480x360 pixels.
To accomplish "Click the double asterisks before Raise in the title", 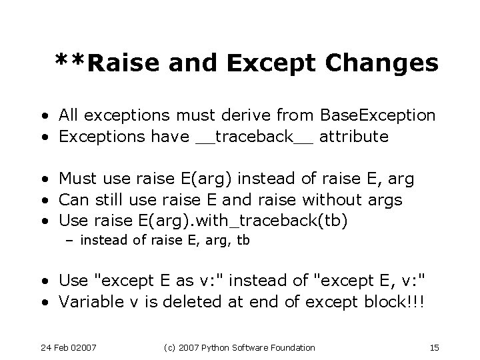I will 70,62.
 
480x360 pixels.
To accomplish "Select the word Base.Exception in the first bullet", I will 377,116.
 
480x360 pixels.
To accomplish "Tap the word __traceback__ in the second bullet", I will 255,137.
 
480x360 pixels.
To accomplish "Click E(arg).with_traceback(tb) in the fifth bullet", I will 245,221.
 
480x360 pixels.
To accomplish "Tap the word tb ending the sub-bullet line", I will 243,241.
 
